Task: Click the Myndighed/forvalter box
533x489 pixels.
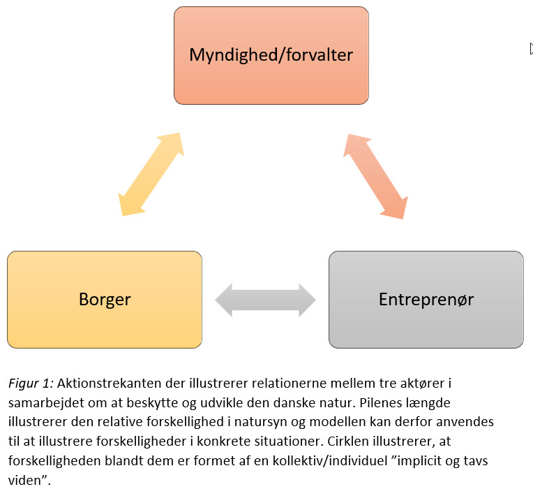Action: point(271,55)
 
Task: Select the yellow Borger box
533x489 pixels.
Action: point(105,300)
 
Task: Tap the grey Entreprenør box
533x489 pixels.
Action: point(426,300)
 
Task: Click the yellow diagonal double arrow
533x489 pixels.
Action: point(151,173)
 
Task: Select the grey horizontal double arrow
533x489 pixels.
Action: point(265,300)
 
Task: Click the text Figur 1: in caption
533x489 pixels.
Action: point(31,383)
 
